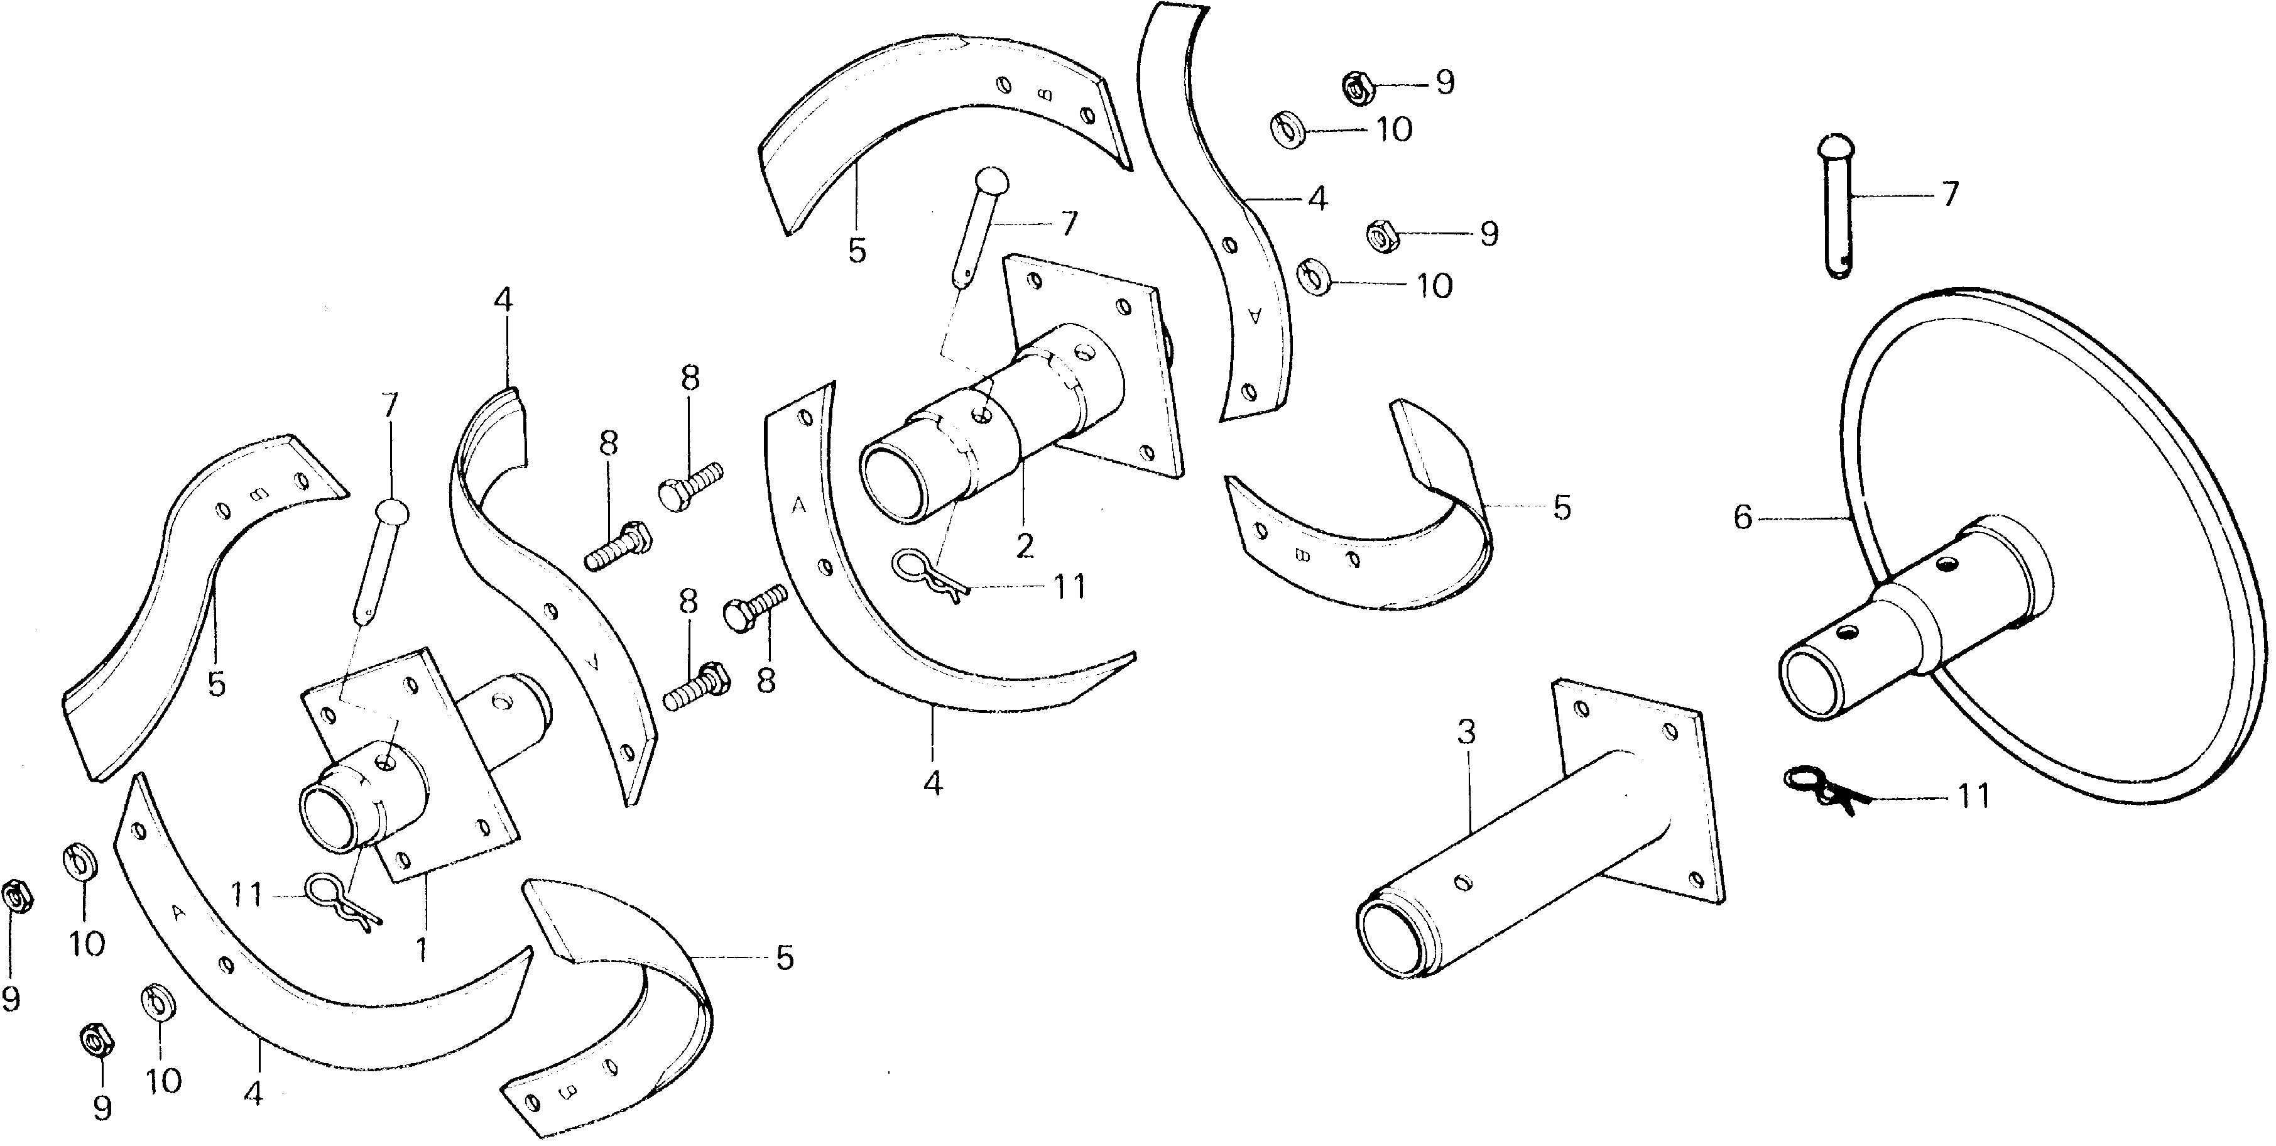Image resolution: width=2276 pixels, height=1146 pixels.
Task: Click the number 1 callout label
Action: click(x=422, y=950)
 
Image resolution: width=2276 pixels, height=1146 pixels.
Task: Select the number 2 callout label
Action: click(x=1024, y=546)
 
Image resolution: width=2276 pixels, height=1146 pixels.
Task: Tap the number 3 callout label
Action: click(x=1466, y=733)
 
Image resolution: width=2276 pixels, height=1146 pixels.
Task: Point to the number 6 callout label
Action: click(x=1741, y=518)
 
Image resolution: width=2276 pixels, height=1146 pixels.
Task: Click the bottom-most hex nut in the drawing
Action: click(x=94, y=1040)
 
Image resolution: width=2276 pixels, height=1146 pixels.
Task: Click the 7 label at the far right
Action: click(x=1949, y=193)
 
